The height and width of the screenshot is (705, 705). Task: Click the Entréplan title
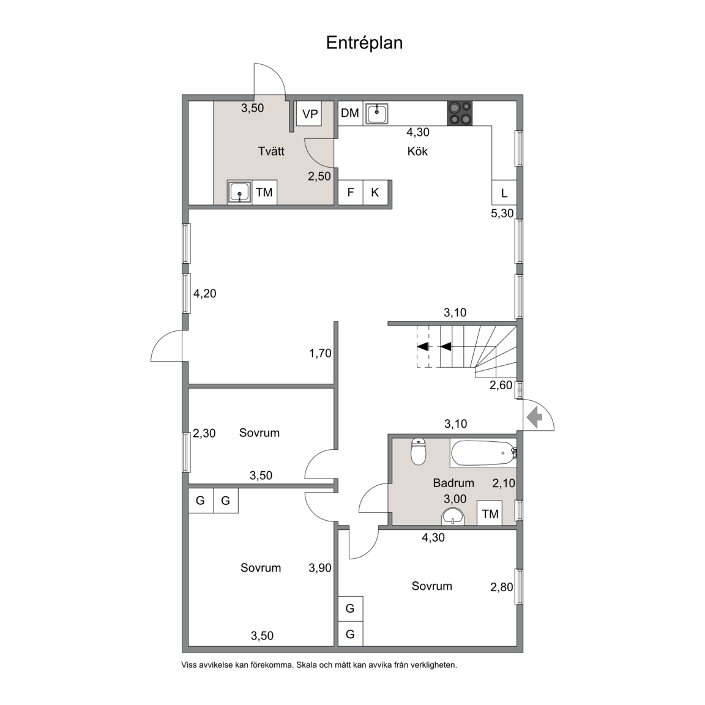[364, 43]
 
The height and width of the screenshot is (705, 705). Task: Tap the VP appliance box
[310, 114]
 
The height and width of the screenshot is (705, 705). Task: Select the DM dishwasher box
[350, 113]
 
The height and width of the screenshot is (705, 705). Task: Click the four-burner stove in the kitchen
[460, 113]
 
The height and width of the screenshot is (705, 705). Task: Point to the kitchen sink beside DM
[376, 113]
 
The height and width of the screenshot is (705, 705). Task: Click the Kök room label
[417, 152]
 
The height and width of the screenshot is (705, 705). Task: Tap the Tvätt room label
[271, 151]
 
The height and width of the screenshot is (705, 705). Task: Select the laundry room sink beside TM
[240, 192]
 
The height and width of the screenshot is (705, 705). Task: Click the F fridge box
[351, 192]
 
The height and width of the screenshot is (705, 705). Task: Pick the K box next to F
[375, 192]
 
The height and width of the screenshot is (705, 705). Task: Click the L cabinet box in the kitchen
[504, 193]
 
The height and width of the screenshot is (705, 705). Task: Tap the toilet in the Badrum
[419, 452]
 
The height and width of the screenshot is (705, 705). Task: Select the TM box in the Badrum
[490, 513]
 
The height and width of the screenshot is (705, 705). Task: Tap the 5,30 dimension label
[502, 213]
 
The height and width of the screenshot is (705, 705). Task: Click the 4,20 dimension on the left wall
[204, 294]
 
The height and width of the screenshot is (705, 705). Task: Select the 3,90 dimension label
[319, 568]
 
